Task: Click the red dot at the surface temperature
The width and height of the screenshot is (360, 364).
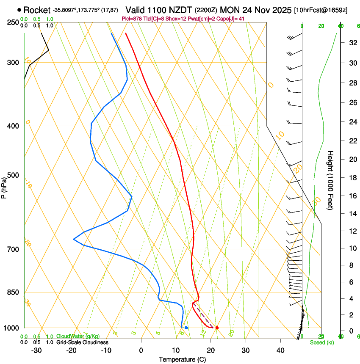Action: coord(217,328)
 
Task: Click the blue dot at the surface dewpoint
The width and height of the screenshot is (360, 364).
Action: coord(186,328)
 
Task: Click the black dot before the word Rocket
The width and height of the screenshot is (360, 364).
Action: coord(19,10)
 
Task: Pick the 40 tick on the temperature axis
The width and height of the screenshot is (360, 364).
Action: coord(280,350)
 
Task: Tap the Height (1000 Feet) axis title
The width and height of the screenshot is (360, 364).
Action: coord(330,180)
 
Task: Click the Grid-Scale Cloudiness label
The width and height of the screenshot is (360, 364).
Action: coord(82,342)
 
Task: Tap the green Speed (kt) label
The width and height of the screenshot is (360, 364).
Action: coord(321,342)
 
